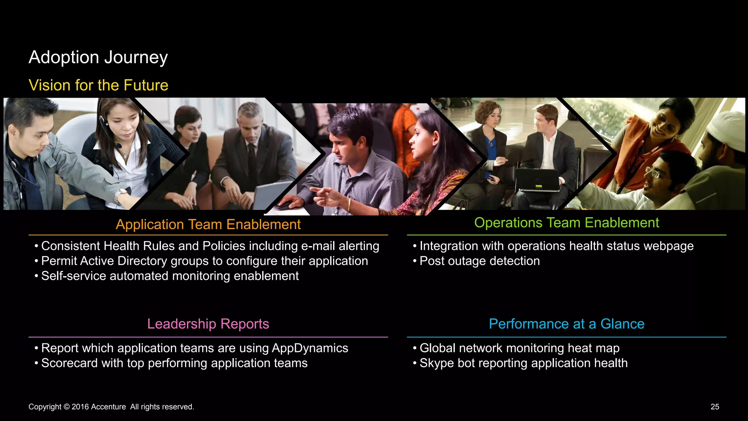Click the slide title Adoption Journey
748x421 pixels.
click(98, 57)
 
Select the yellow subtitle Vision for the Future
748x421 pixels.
click(98, 85)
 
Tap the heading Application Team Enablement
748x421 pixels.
click(208, 224)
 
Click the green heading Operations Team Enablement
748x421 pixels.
click(566, 223)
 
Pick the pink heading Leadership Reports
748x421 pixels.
click(208, 324)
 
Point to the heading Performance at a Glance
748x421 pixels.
click(566, 324)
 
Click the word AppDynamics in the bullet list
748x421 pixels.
click(310, 348)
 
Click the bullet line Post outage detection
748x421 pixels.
click(479, 261)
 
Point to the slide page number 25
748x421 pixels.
click(715, 407)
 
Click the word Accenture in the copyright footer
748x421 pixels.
click(108, 407)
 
